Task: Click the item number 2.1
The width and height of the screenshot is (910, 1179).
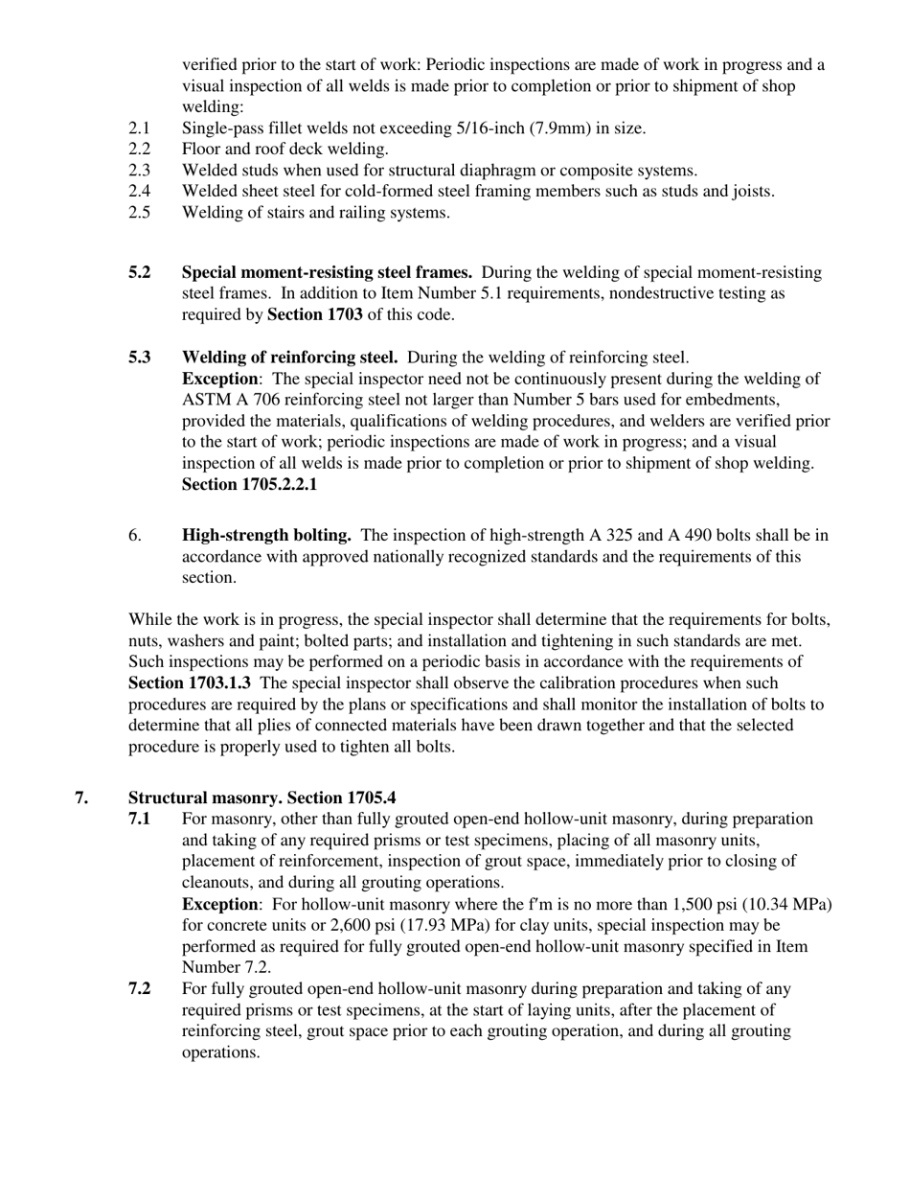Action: [139, 128]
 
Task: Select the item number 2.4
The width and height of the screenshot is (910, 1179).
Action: [139, 192]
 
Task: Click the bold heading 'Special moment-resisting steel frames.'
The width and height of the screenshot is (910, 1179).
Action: [327, 273]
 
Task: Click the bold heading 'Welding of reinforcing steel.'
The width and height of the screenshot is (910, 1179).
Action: [290, 358]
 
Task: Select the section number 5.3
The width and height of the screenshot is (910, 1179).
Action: [140, 358]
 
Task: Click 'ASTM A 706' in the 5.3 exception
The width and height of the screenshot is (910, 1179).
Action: [225, 400]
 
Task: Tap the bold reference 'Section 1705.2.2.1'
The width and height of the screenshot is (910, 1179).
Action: [250, 484]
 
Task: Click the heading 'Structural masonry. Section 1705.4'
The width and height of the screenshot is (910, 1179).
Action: [262, 798]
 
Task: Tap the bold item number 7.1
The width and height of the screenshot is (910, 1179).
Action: [140, 820]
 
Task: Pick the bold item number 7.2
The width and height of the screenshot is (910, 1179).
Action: [140, 989]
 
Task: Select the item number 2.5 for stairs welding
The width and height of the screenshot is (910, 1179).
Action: [139, 213]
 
